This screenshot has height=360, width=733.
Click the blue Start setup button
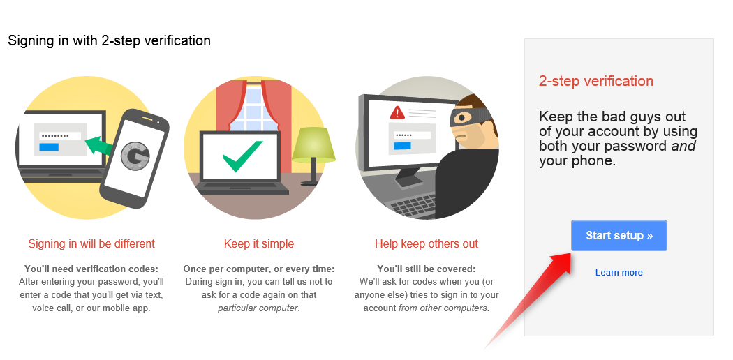pyautogui.click(x=619, y=235)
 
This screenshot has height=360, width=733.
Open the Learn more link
pyautogui.click(x=619, y=273)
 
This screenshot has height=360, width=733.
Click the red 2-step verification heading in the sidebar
pyautogui.click(x=596, y=81)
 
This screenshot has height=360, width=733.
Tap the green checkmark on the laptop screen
pyautogui.click(x=242, y=156)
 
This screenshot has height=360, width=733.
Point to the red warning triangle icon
pyautogui.click(x=397, y=112)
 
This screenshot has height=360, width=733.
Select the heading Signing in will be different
pyautogui.click(x=91, y=243)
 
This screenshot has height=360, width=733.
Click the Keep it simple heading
pyautogui.click(x=259, y=243)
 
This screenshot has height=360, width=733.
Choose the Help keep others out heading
pyautogui.click(x=427, y=243)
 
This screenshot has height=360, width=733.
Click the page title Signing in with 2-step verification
pyautogui.click(x=110, y=40)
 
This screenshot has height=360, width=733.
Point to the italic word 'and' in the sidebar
pyautogui.click(x=683, y=146)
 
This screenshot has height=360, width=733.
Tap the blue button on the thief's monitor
pyautogui.click(x=402, y=146)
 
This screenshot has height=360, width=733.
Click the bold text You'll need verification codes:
pyautogui.click(x=91, y=269)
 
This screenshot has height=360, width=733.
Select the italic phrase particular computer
pyautogui.click(x=258, y=308)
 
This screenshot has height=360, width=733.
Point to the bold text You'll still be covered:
pyautogui.click(x=427, y=269)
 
